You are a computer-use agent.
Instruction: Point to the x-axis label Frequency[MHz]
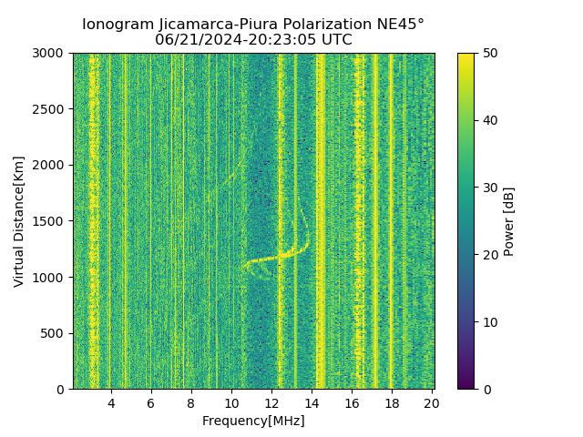click(253, 421)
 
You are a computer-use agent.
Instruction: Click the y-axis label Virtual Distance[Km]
click(19, 221)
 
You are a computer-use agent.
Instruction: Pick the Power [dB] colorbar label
click(509, 221)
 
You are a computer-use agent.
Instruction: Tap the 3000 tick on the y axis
click(51, 53)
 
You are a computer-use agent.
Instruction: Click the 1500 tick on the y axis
click(51, 221)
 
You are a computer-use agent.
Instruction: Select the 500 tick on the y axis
click(55, 333)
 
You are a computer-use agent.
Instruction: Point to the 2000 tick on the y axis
click(51, 165)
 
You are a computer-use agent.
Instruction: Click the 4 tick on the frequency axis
click(111, 403)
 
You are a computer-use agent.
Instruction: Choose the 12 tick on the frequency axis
click(271, 403)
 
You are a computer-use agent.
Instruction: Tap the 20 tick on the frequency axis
click(432, 403)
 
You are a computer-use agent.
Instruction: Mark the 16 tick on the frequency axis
click(352, 403)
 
